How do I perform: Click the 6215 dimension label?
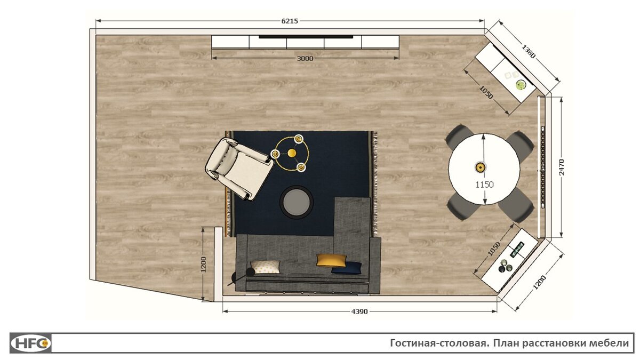pos(290,21)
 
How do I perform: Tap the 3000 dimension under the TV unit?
pos(305,59)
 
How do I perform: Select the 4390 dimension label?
pos(359,311)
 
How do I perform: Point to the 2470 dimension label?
pos(562,167)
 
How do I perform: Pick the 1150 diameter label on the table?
pos(485,185)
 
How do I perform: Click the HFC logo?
pos(30,343)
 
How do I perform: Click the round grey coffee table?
pos(297,202)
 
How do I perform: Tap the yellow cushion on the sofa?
pos(331,260)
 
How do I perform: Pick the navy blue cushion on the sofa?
pos(347,268)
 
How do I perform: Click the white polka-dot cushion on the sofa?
pos(266,267)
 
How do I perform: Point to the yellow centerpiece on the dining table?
pos(481,167)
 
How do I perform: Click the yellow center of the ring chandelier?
pos(292,153)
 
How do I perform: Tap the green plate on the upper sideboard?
pos(521,85)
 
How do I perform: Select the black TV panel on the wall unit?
pos(306,37)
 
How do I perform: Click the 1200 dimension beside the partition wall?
pos(203,265)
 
